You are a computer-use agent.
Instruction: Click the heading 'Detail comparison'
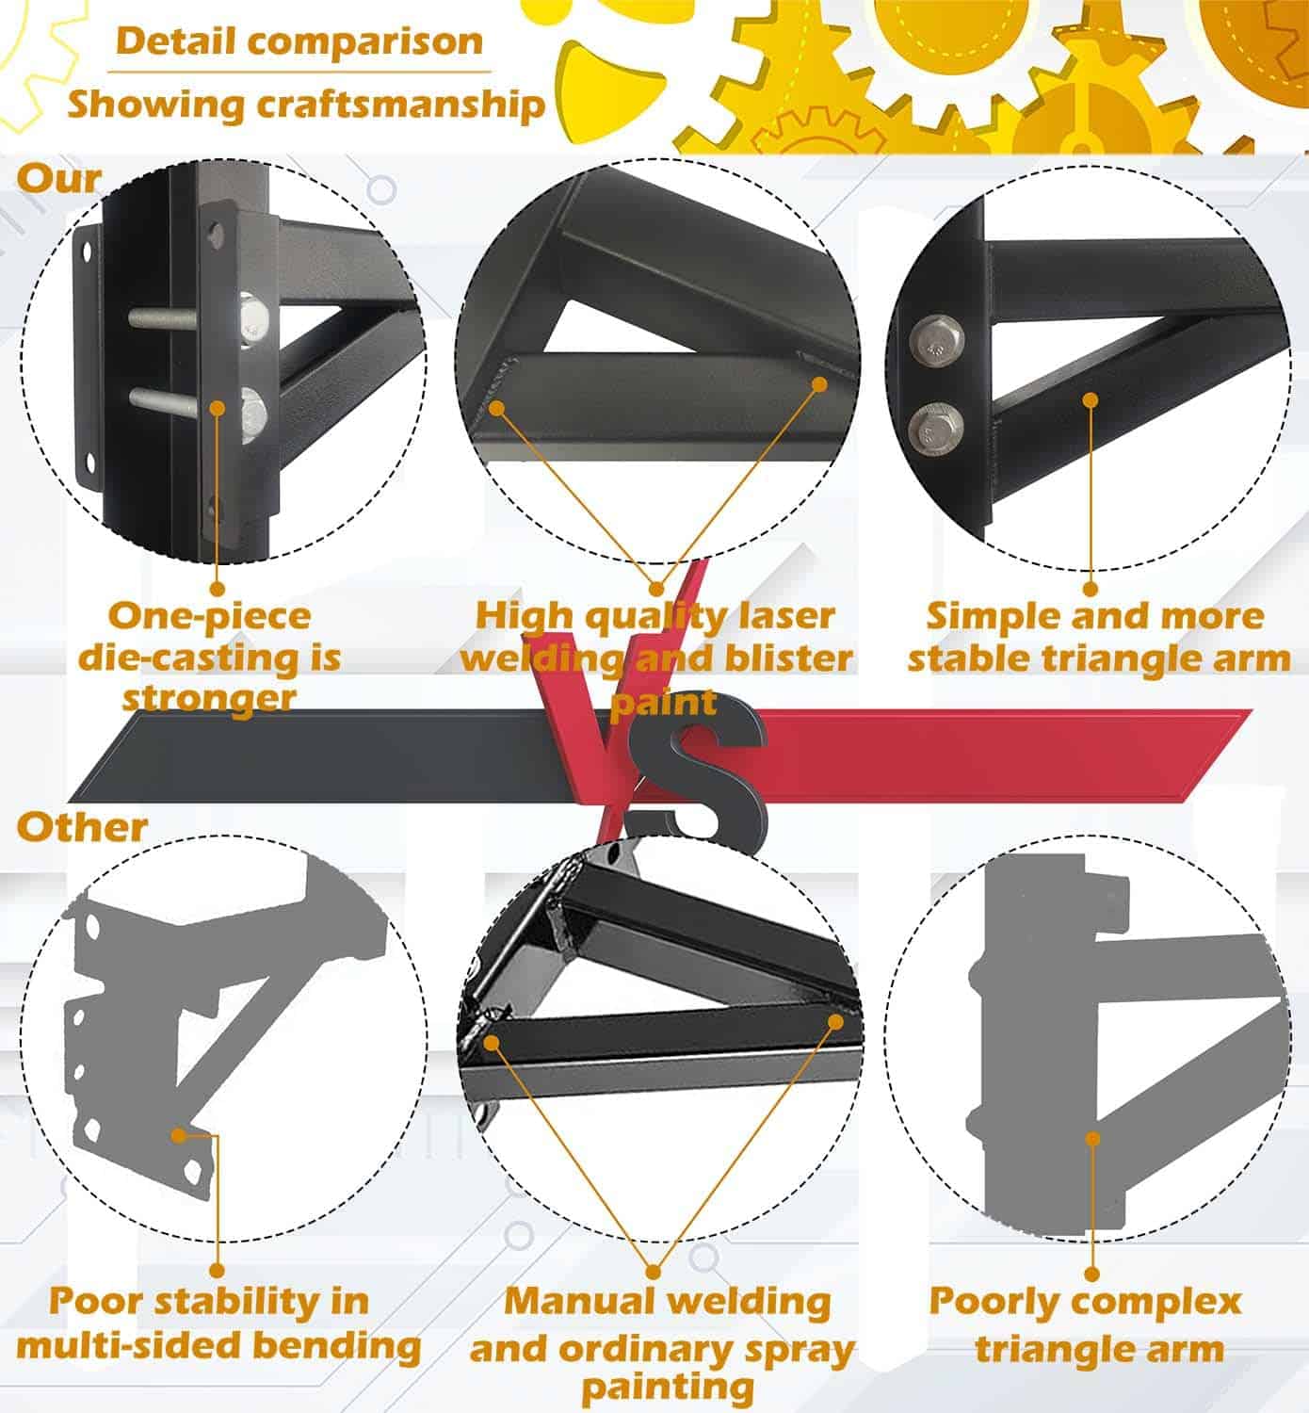299,41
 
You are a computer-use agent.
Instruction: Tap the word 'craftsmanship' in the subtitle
400,106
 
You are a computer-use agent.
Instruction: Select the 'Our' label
59,179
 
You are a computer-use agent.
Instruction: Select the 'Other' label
82,827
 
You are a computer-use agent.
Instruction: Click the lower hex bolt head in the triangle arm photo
936,428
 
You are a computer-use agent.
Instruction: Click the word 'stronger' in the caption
209,699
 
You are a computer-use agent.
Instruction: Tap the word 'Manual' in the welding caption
578,1301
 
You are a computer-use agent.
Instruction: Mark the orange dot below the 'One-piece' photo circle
218,589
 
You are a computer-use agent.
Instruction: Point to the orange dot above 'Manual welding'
653,1272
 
